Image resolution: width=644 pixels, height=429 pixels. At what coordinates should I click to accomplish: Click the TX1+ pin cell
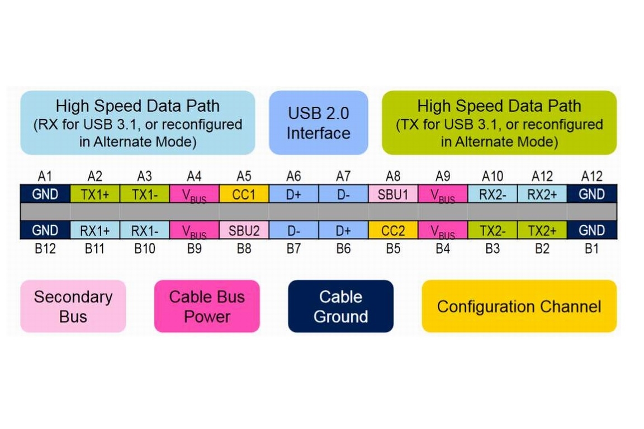pos(95,194)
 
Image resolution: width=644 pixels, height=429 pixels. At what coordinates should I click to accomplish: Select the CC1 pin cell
pos(244,194)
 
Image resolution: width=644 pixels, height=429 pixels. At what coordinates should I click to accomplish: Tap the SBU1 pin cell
pos(393,194)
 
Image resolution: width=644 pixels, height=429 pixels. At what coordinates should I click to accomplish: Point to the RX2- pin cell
pos(492,194)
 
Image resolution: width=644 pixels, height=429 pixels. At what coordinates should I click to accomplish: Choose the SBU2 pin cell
pos(244,230)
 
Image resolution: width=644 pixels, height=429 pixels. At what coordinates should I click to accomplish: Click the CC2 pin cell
pos(393,230)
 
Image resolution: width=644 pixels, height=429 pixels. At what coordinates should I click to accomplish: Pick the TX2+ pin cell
pos(542,230)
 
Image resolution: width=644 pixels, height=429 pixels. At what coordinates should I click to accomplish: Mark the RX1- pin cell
pos(144,230)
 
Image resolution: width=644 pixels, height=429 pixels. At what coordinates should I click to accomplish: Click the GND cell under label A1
pos(45,194)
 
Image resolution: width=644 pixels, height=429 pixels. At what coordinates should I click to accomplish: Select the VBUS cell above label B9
pos(194,230)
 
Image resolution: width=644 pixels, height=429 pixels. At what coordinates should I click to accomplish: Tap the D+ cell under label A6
pos(293,194)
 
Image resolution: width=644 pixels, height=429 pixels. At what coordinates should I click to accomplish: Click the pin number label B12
pos(45,249)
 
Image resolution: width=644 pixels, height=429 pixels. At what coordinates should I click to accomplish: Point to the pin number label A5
pos(244,177)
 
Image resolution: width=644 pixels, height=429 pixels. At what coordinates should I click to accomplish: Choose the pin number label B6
pos(343,249)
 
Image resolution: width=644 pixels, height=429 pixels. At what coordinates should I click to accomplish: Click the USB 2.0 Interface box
pos(318,123)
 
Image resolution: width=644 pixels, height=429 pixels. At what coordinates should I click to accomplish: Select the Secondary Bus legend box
pos(73,306)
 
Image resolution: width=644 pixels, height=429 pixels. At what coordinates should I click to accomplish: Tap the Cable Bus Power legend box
pos(207,306)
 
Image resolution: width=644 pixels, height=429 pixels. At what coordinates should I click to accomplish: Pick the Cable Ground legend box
pos(340,306)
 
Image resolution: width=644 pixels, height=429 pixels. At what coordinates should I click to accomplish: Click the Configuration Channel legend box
pos(519,306)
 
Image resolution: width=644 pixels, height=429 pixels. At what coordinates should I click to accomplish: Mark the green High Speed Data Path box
pos(499,123)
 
